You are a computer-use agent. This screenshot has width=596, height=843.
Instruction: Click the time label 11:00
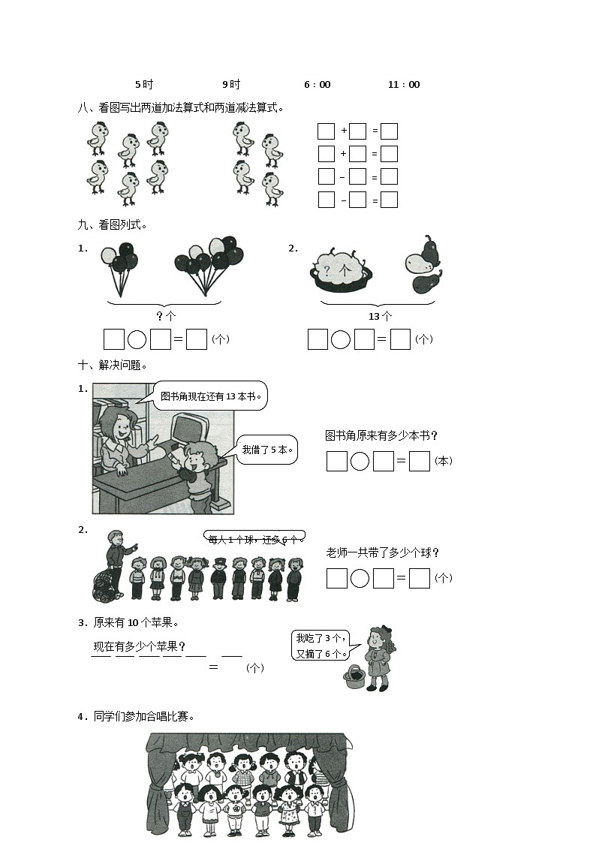[x=404, y=85]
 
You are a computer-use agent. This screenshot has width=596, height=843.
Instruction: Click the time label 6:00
[x=317, y=85]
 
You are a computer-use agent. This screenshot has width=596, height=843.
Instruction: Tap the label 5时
[x=144, y=85]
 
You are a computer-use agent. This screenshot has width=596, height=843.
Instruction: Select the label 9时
[x=231, y=85]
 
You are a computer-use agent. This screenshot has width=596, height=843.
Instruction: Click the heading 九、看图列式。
[x=113, y=224]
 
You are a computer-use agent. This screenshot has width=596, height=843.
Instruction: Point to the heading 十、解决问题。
[x=113, y=365]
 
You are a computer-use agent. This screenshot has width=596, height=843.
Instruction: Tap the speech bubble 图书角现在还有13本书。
[x=214, y=396]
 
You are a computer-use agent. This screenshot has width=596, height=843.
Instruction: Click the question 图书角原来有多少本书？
[x=381, y=435]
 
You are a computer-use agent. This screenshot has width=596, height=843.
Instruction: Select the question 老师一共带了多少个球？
[x=383, y=553]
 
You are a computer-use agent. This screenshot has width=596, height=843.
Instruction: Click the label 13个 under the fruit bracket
[x=380, y=317]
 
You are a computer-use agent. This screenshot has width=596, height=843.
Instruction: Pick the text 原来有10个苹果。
[x=136, y=622]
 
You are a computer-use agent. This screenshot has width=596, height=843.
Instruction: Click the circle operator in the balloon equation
[x=137, y=340]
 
